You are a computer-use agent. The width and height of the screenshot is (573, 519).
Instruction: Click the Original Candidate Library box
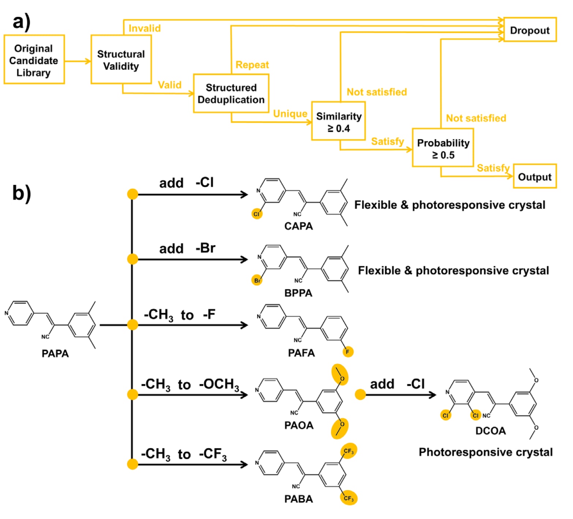click(34, 60)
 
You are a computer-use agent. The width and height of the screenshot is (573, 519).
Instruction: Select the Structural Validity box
click(121, 60)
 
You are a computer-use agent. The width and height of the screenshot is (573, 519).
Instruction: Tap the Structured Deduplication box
click(231, 94)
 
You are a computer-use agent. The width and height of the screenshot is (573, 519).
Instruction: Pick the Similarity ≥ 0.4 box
click(338, 121)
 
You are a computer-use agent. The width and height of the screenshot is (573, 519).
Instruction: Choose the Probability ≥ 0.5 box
click(443, 148)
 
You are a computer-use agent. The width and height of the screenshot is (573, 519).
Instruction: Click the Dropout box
click(530, 30)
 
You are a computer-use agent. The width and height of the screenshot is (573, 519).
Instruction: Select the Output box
click(535, 177)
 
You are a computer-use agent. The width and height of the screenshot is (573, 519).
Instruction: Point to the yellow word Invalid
click(144, 28)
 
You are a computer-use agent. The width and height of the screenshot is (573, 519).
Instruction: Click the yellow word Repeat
click(252, 65)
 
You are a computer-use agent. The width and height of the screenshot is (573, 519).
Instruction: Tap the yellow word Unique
click(290, 114)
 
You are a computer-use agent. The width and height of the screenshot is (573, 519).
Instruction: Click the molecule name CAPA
click(299, 226)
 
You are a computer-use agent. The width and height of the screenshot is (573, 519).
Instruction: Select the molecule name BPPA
click(298, 293)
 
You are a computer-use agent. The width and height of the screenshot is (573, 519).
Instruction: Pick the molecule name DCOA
click(490, 431)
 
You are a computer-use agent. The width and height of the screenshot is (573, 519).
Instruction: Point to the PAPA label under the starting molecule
click(55, 353)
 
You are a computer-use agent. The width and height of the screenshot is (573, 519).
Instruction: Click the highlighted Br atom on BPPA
click(257, 280)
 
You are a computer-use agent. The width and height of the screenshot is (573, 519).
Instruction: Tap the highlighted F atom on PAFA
click(348, 352)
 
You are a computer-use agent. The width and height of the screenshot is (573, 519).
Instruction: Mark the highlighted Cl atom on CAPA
click(257, 214)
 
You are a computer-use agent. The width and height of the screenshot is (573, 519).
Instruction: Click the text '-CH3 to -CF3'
click(184, 454)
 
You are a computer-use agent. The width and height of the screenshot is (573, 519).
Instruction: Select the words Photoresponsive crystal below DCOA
click(485, 452)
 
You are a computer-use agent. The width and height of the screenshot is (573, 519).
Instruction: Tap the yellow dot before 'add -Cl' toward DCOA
click(360, 394)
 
